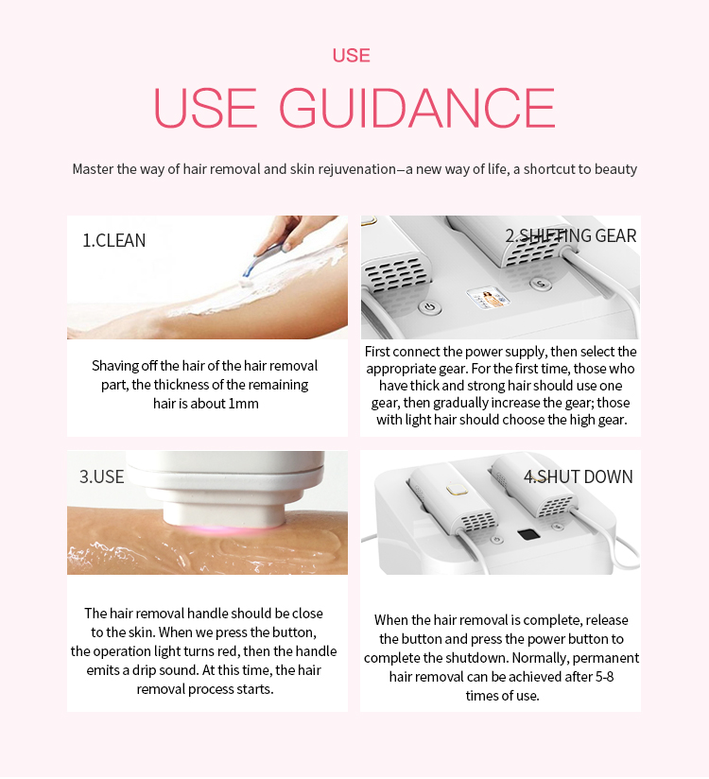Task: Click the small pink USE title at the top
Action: pos(352,55)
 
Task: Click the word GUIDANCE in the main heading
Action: pos(416,108)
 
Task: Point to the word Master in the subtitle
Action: pos(93,169)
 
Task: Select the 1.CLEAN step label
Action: pos(113,240)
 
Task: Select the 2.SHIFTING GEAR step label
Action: pos(570,235)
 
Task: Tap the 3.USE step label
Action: pos(101,476)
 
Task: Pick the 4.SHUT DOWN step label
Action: pos(578,476)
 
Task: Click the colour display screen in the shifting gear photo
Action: pos(488,298)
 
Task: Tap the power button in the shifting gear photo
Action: pos(429,307)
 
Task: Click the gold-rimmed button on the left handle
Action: pos(458,490)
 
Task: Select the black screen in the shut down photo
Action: pos(528,534)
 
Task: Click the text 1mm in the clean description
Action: pos(244,404)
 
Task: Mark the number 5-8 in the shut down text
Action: pos(604,677)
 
